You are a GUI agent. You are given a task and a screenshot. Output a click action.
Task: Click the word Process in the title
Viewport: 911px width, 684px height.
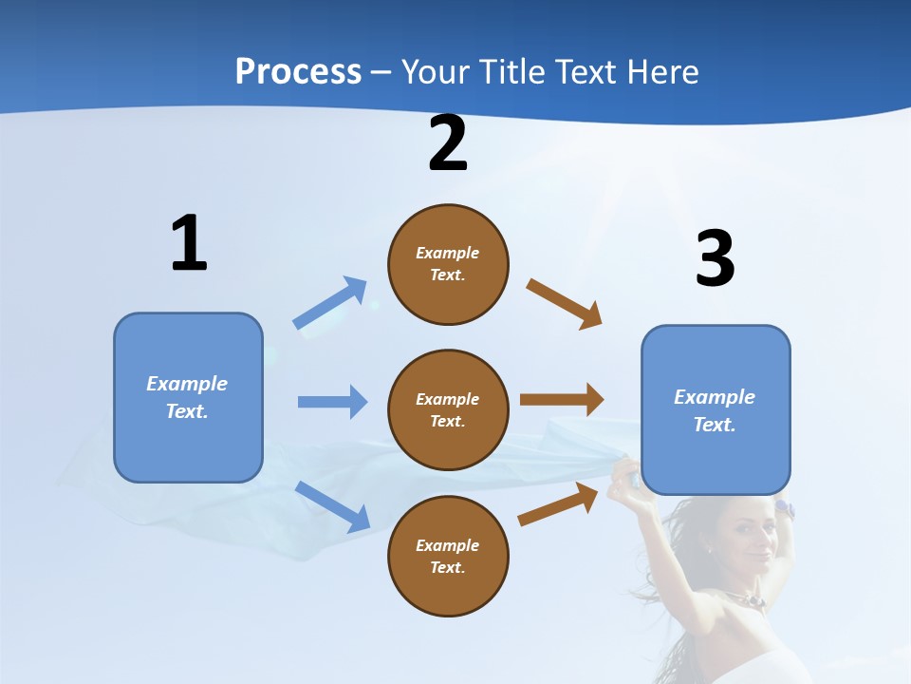pos(298,71)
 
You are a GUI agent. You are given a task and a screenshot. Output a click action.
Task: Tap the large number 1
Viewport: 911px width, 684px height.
pos(189,244)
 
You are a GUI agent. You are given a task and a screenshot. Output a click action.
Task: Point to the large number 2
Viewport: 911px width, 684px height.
pos(448,144)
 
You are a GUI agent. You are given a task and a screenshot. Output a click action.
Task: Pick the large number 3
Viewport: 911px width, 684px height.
pos(715,259)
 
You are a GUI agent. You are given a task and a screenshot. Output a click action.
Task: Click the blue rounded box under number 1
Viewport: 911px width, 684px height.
pos(188,397)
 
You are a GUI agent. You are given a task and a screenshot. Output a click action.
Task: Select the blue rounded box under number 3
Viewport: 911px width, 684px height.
pos(716,410)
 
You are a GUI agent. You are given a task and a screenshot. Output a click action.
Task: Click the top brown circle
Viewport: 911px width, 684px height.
pos(448,264)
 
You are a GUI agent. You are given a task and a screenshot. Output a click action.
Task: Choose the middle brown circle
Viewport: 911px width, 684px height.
pos(448,410)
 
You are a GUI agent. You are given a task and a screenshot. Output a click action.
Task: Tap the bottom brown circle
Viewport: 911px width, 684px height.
pos(448,557)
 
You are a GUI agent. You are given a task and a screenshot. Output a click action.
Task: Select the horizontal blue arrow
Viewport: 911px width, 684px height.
pos(332,402)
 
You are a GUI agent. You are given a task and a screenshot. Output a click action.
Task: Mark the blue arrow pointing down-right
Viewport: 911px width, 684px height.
pos(333,506)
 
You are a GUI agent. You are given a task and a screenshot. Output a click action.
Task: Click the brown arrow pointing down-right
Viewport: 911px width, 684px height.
pos(565,303)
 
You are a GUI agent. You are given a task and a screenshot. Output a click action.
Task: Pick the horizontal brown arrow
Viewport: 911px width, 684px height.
pos(562,400)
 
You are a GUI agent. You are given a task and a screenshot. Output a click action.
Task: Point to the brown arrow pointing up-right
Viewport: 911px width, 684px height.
pos(558,503)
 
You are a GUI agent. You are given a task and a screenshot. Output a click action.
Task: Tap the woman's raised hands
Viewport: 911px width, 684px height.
pos(626,475)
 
